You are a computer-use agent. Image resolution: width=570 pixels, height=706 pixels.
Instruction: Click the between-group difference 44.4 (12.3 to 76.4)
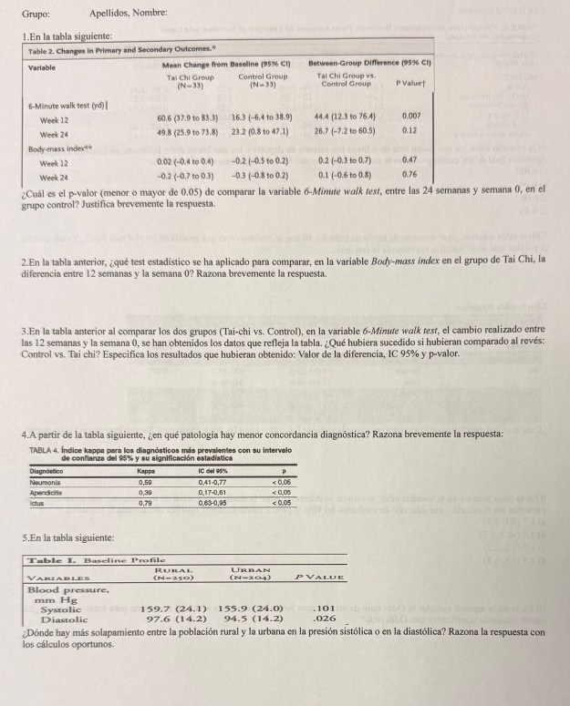[x=343, y=118]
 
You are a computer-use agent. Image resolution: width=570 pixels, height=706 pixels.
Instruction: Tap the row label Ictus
[x=37, y=501]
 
